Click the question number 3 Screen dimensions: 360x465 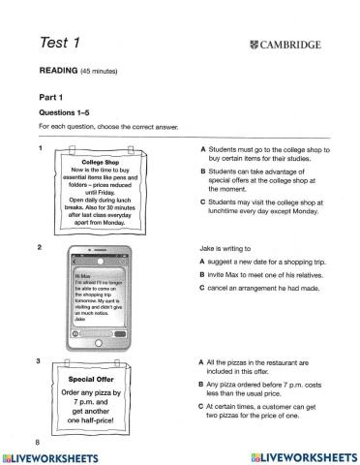click(40, 361)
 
